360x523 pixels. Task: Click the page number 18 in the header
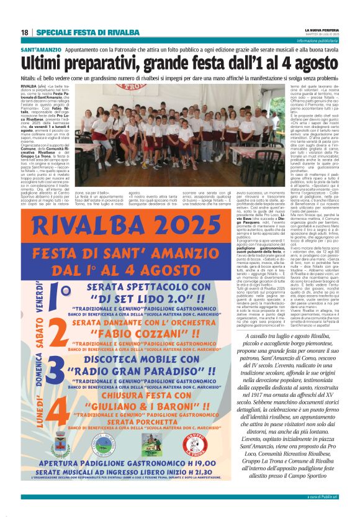25,32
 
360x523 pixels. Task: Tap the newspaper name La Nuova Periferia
322,30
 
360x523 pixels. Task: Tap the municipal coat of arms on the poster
61,448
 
